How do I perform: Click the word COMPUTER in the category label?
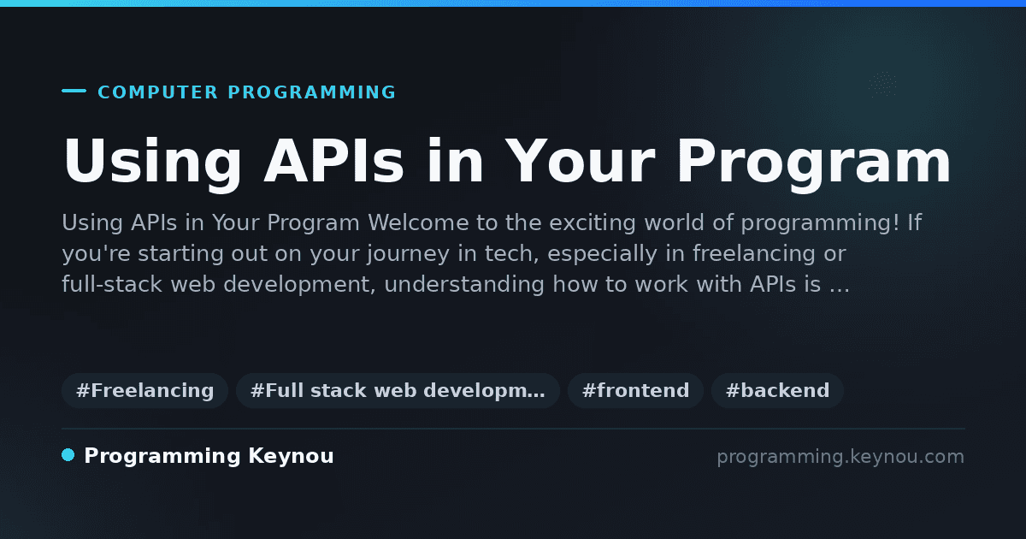[157, 92]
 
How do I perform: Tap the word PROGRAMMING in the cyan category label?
[312, 92]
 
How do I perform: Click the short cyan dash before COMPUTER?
[74, 91]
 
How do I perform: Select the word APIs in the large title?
[334, 161]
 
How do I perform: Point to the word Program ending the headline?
[813, 164]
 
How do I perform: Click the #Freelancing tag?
[144, 390]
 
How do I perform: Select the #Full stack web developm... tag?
[398, 390]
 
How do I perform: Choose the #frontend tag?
[635, 390]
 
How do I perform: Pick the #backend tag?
[777, 390]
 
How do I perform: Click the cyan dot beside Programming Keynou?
[68, 455]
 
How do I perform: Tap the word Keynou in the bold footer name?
[291, 457]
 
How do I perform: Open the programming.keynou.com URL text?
[840, 457]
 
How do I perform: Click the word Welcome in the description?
[418, 222]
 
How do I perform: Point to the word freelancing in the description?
[753, 253]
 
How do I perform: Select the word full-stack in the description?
[112, 284]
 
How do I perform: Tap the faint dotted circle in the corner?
[883, 84]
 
